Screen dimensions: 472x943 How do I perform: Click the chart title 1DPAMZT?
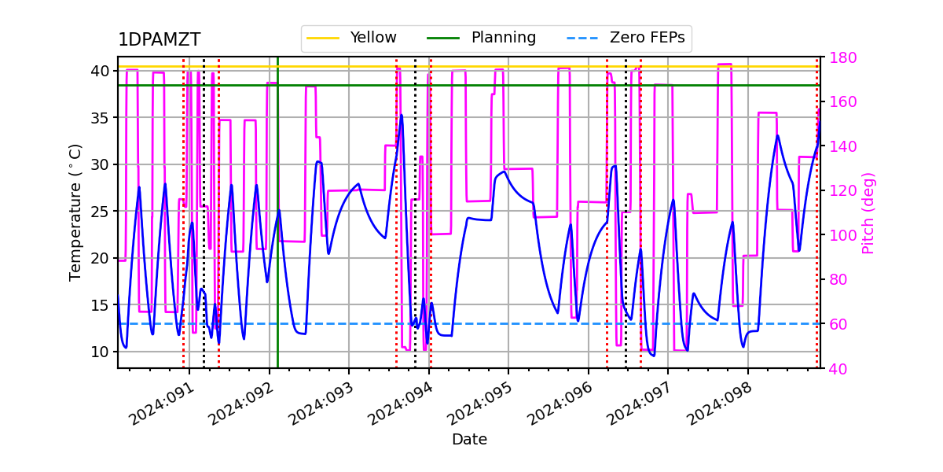click(x=159, y=40)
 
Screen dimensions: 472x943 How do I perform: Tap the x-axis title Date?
click(x=469, y=440)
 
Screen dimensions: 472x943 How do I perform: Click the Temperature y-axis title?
click(x=75, y=212)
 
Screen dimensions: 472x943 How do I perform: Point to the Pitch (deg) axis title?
click(x=868, y=212)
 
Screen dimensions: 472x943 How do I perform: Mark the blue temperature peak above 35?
click(x=402, y=116)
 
